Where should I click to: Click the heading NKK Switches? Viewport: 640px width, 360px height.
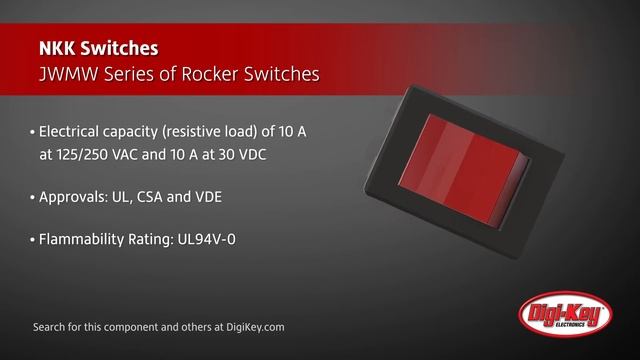(97, 48)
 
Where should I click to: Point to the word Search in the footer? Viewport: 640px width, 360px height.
(51, 327)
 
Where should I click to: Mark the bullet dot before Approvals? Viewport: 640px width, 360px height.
(33, 198)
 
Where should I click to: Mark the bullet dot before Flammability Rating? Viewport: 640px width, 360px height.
(33, 240)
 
